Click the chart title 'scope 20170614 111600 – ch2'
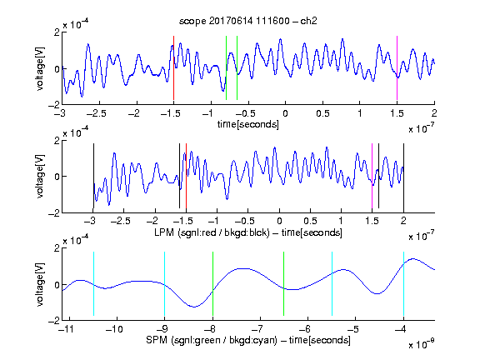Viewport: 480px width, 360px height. click(248, 21)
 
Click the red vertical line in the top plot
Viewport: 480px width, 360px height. click(173, 68)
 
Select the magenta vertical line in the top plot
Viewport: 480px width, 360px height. click(397, 68)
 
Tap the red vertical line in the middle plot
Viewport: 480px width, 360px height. click(186, 176)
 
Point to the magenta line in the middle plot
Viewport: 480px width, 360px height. click(372, 176)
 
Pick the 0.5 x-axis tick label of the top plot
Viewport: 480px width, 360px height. click(323, 113)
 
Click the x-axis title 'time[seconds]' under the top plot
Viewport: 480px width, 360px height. click(248, 124)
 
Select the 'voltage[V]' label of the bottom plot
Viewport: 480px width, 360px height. click(40, 284)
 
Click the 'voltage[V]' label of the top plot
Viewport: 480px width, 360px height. click(40, 68)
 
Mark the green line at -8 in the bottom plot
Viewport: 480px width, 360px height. click(212, 284)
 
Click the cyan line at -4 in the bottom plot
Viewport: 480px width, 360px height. click(403, 284)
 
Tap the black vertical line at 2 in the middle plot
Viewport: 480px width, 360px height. click(403, 176)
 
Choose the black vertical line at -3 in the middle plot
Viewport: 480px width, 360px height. click(93, 176)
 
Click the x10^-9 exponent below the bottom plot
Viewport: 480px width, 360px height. click(422, 344)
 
